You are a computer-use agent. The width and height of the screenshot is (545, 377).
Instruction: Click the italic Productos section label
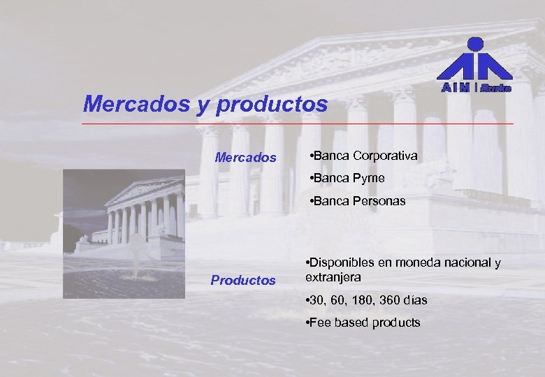(243, 281)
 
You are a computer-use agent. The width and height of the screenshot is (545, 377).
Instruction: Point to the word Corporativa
(385, 155)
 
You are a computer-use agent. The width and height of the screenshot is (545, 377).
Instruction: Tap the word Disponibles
(343, 263)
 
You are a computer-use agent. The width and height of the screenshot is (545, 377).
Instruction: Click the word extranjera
(333, 277)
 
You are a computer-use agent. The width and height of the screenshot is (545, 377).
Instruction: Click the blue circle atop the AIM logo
(474, 44)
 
